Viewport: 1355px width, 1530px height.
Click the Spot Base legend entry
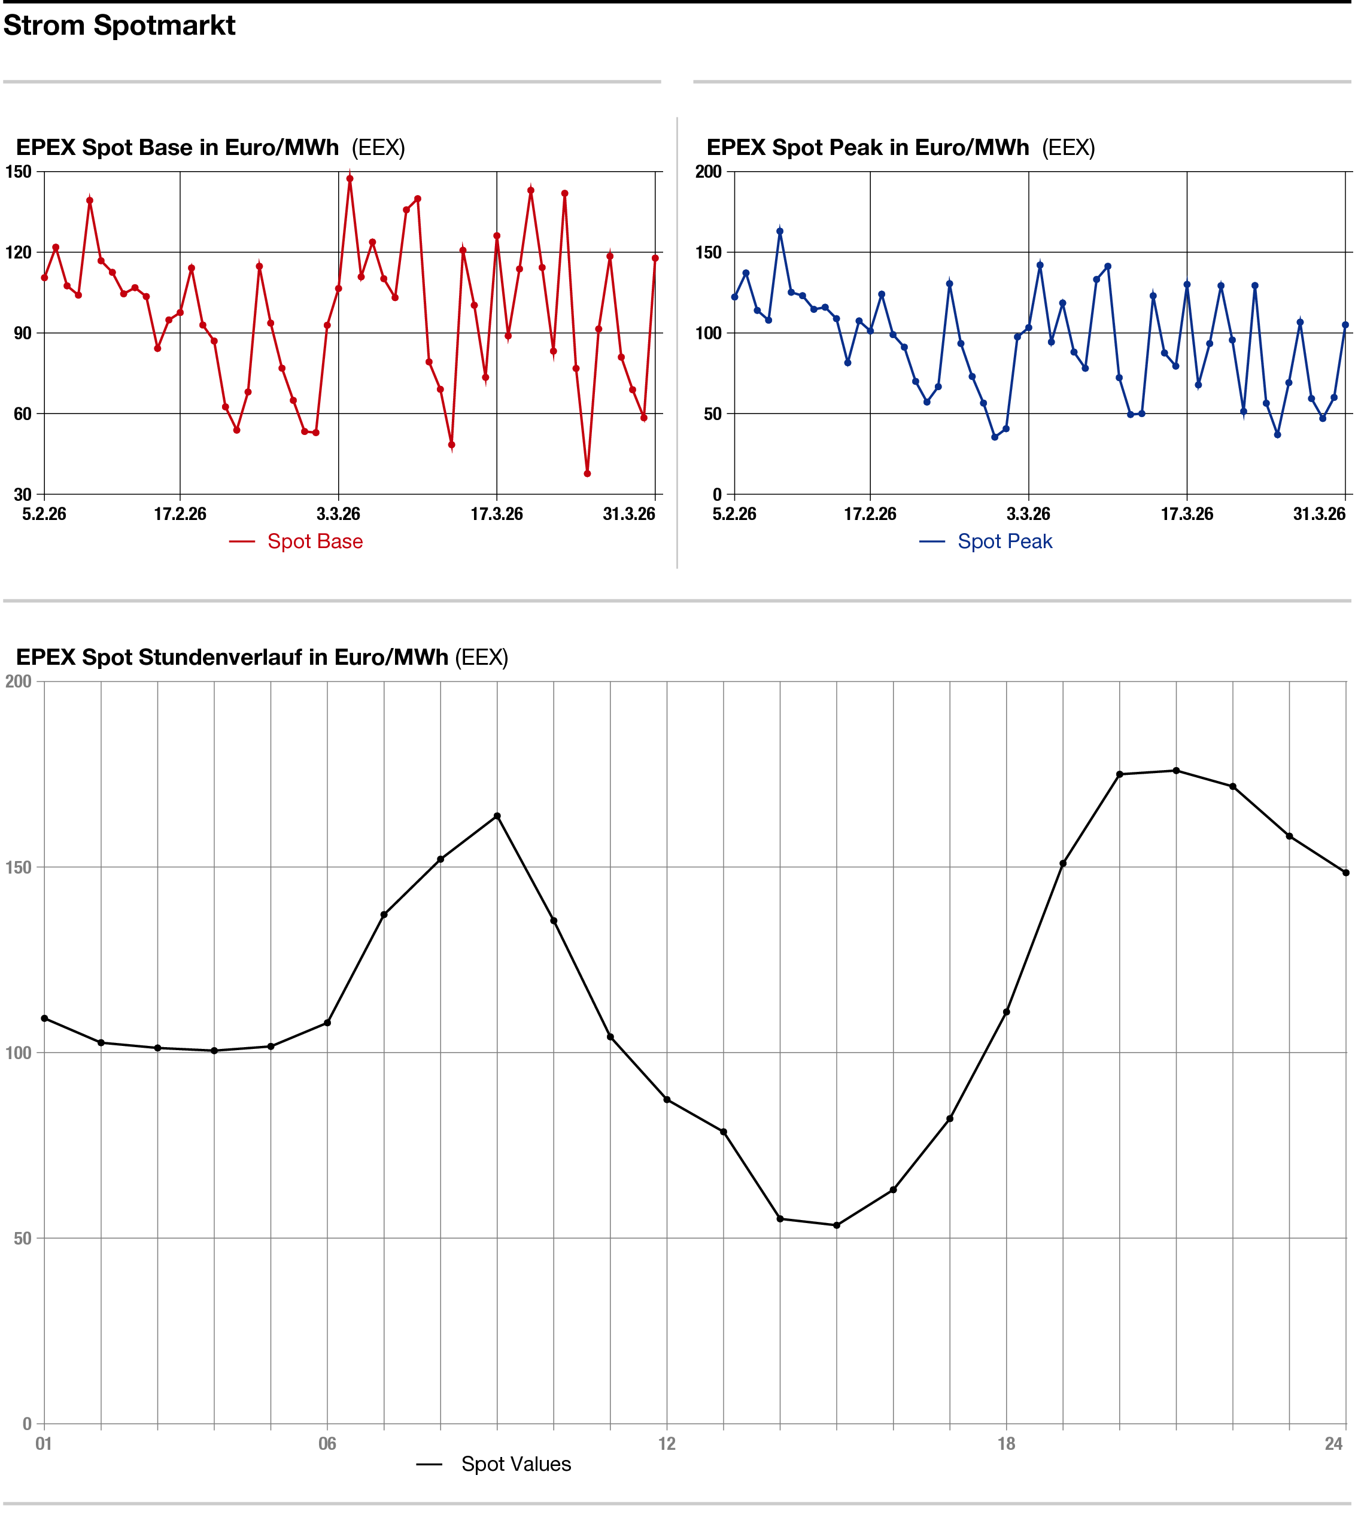coord(314,541)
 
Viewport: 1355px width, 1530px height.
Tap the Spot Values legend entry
coord(515,1464)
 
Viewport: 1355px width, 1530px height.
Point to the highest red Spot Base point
coord(350,179)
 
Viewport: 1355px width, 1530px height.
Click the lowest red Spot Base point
coord(587,474)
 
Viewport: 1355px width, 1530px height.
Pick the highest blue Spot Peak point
coord(779,232)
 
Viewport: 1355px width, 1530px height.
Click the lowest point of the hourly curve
coord(836,1225)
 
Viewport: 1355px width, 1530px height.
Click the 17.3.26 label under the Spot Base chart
coord(496,514)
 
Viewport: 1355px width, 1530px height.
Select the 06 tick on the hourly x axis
coord(327,1444)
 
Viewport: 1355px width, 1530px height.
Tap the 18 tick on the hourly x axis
coord(1006,1444)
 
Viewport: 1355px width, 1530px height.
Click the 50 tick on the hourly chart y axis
coord(23,1238)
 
